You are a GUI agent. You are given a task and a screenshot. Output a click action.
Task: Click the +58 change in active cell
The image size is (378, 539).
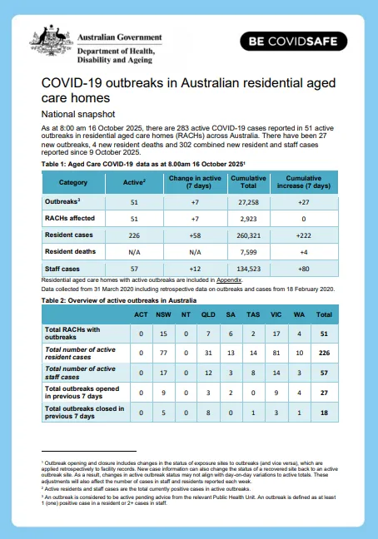186,235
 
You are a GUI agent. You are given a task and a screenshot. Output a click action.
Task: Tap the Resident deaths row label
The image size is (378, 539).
68,252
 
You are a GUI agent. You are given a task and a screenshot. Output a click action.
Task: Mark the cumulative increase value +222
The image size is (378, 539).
304,235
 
